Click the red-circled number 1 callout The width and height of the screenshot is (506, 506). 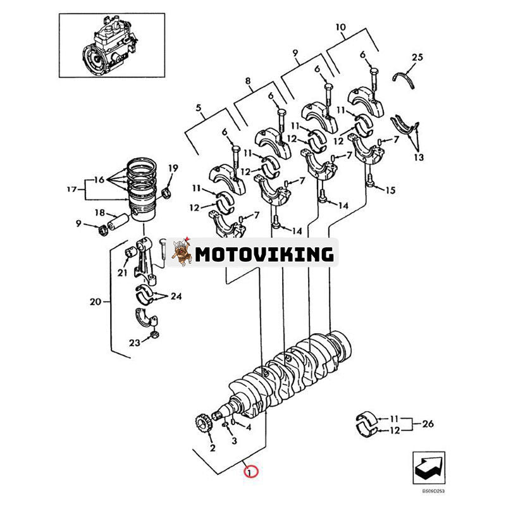(250, 471)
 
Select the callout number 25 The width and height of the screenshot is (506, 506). (416, 58)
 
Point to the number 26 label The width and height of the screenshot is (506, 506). (428, 424)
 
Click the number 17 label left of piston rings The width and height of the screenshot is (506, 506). (71, 188)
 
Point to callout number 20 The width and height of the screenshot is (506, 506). (95, 302)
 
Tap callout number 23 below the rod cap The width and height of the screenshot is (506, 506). (133, 343)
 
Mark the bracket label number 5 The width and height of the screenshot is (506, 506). (199, 108)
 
